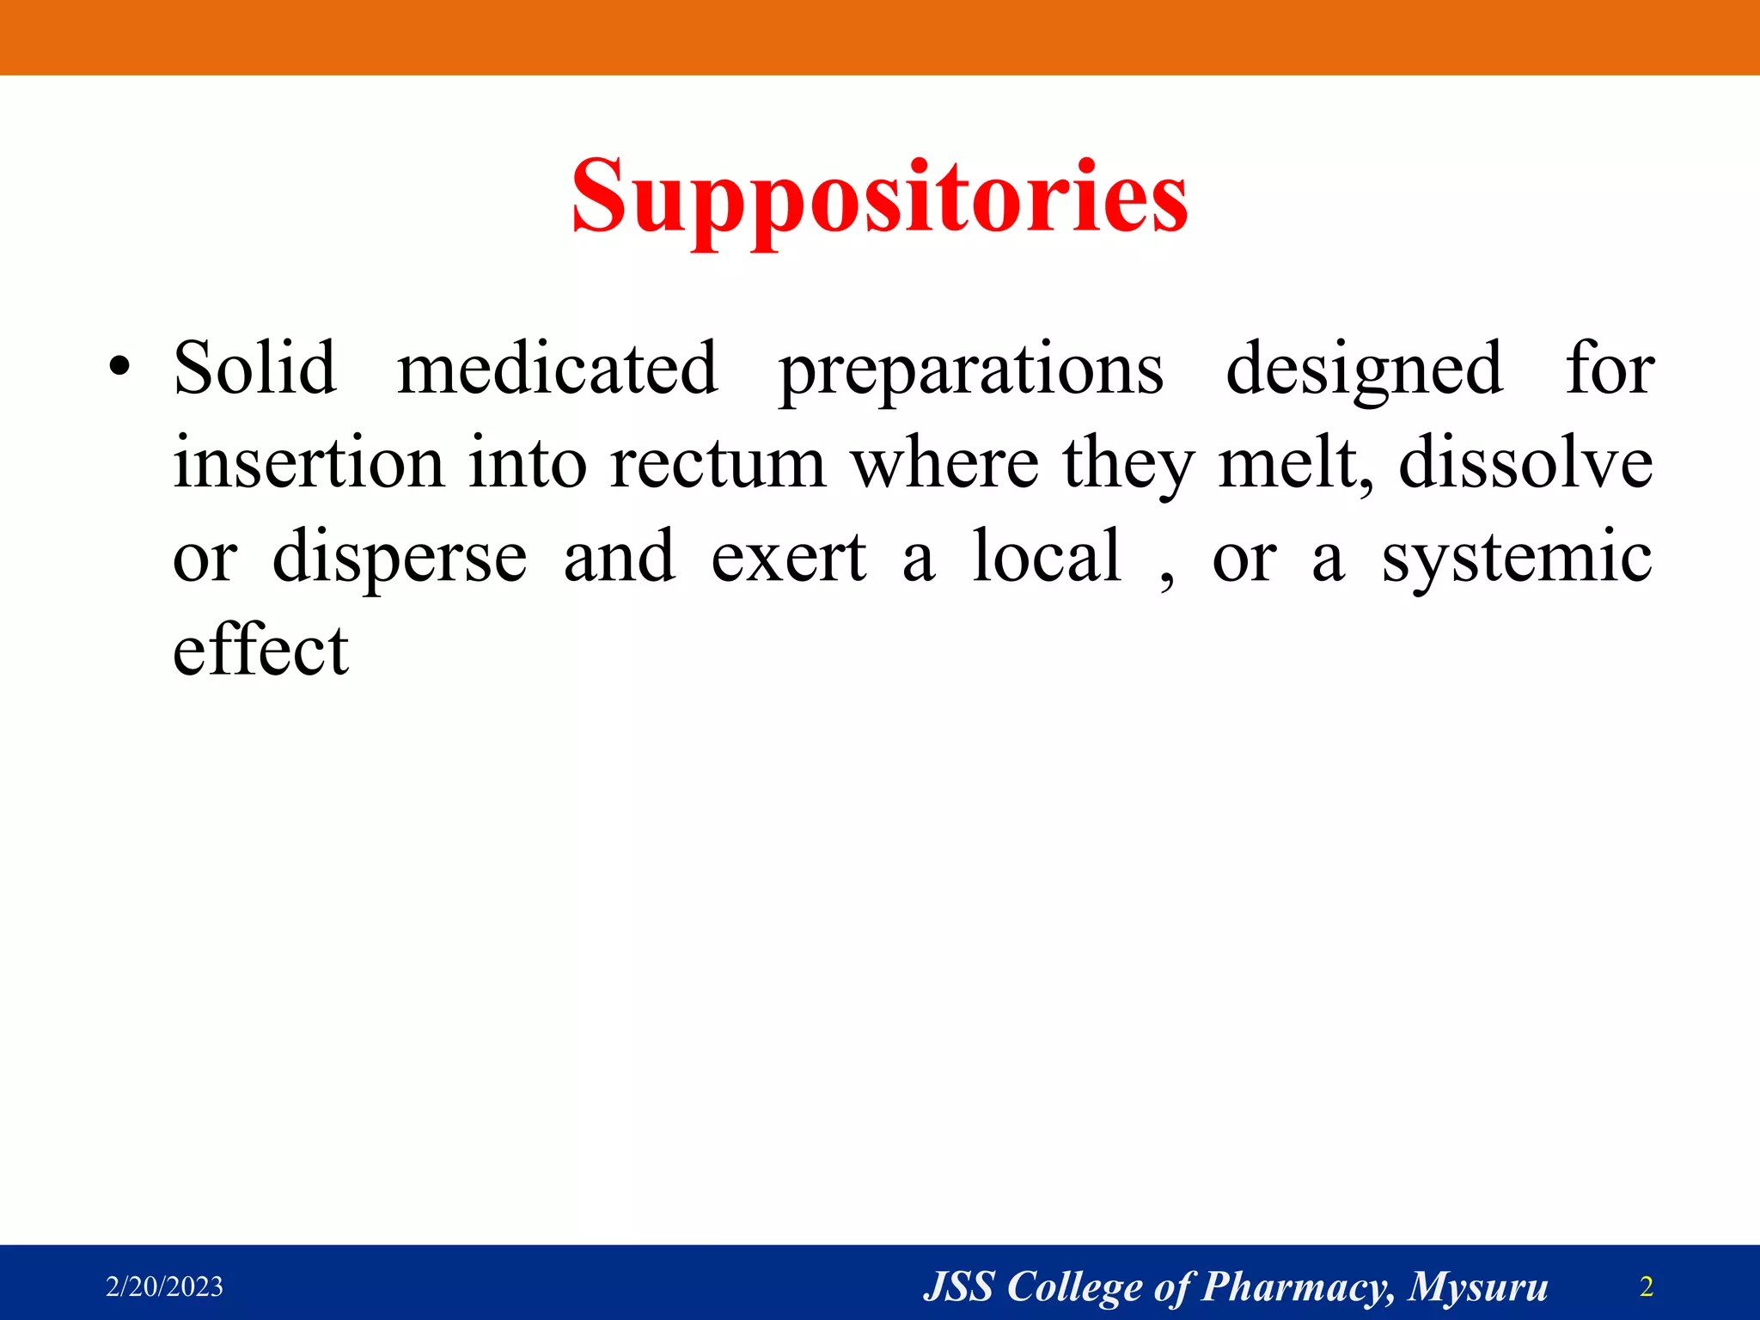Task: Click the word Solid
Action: pos(254,369)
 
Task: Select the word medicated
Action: pos(557,369)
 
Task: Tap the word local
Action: pos(1047,557)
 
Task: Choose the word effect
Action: pos(260,651)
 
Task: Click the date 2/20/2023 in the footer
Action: pos(164,1286)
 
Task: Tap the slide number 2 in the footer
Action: pos(1647,1286)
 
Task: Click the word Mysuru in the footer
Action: pos(1478,1287)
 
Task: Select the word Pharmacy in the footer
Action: pos(1297,1287)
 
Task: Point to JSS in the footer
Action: pos(958,1286)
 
